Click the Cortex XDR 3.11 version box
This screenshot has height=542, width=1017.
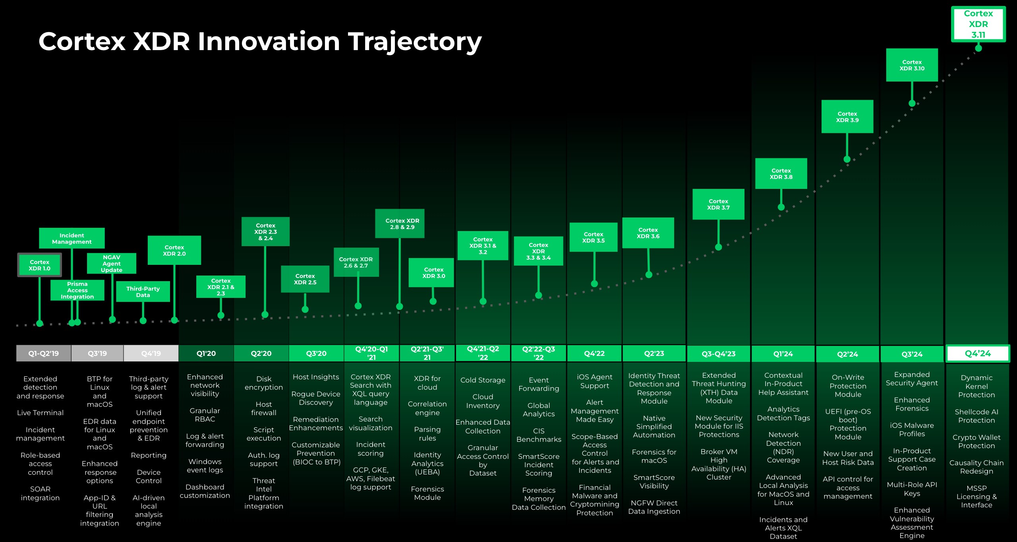click(978, 24)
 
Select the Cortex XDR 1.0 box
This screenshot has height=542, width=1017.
click(40, 265)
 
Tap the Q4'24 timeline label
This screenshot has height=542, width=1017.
click(978, 354)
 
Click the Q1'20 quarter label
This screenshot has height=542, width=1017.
click(206, 354)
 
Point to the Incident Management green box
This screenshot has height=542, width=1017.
click(72, 238)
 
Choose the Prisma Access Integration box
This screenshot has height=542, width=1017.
click(77, 290)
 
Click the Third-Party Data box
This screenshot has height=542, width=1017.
click(143, 291)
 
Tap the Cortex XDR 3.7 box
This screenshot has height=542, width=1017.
click(718, 204)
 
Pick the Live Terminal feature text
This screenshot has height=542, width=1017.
click(40, 413)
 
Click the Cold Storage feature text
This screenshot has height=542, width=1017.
click(483, 380)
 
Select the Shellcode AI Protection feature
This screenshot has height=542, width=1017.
click(976, 416)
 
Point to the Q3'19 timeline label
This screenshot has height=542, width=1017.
click(97, 354)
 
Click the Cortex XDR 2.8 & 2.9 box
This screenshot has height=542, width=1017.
click(400, 223)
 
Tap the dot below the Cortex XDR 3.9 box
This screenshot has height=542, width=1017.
click(847, 159)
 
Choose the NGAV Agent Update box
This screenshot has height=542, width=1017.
click(112, 263)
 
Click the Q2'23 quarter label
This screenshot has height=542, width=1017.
click(654, 354)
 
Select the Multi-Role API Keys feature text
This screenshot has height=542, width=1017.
click(912, 489)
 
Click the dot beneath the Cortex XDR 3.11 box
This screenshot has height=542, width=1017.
click(978, 48)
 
